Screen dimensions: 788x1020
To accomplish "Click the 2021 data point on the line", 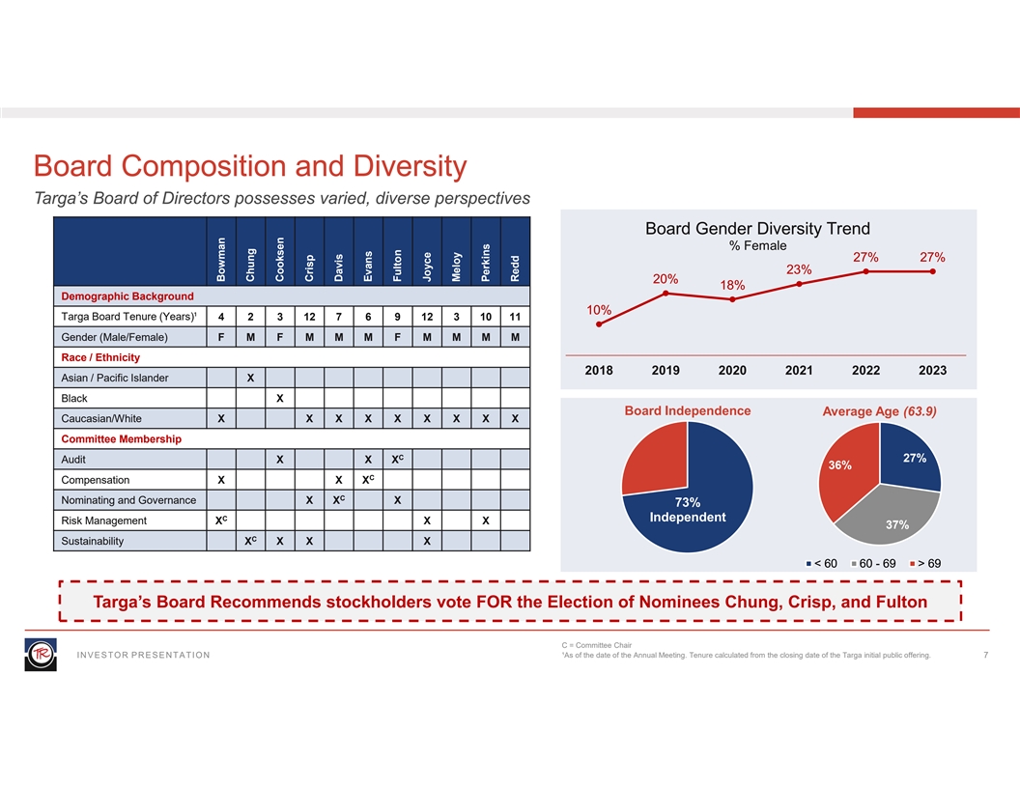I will pyautogui.click(x=800, y=284).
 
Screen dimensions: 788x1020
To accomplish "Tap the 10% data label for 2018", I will pyautogui.click(x=599, y=310).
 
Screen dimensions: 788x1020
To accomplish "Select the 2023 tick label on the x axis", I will pyautogui.click(x=932, y=370).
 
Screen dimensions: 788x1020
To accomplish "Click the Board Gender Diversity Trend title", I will pyautogui.click(x=757, y=229).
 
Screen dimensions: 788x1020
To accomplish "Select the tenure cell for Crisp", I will pyautogui.click(x=309, y=317).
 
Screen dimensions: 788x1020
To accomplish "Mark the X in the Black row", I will pyautogui.click(x=279, y=398).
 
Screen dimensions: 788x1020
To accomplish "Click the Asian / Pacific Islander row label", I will pyautogui.click(x=115, y=378).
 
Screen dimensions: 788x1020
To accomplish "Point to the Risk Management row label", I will pyautogui.click(x=104, y=521).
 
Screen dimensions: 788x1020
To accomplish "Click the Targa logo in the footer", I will pyautogui.click(x=41, y=654).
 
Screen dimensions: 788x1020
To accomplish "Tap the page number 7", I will pyautogui.click(x=984, y=656).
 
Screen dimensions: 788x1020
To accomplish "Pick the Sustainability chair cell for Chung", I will pyautogui.click(x=250, y=541).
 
